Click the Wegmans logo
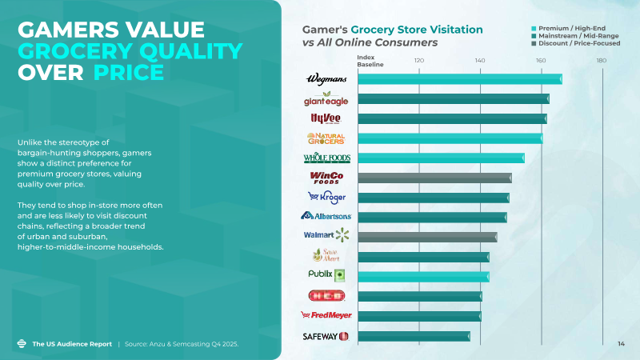point(327,80)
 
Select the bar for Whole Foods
point(441,158)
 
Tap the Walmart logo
point(327,235)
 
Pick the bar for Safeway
point(414,336)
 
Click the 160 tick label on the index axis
point(541,61)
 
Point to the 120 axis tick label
point(418,61)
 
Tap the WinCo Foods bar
point(434,178)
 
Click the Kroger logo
point(328,197)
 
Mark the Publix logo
point(326,274)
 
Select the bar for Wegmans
point(459,79)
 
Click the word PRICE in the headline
point(128,73)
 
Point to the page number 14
point(621,344)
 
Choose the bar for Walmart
point(427,236)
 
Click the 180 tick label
point(602,61)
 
